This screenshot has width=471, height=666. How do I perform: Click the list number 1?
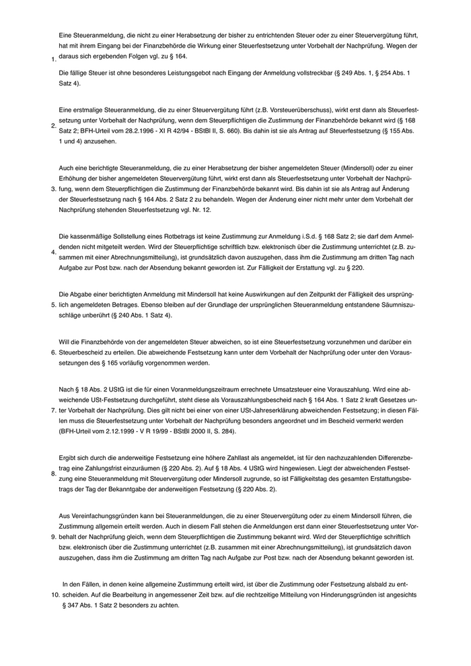tap(53, 60)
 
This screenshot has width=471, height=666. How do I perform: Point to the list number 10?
tap(55, 595)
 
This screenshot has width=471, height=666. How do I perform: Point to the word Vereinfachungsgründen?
tap(97, 515)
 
